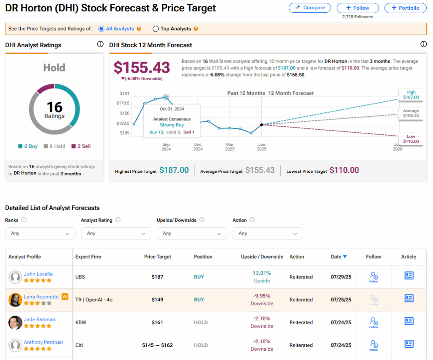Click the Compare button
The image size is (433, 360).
(x=310, y=8)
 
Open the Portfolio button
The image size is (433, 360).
(x=405, y=8)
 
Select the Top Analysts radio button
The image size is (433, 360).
(x=156, y=29)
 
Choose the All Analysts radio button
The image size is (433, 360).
(x=101, y=29)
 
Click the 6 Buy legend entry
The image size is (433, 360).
(x=28, y=146)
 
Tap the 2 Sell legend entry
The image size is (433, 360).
(x=81, y=146)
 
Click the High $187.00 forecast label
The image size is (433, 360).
(x=411, y=95)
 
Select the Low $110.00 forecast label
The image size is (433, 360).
(x=411, y=139)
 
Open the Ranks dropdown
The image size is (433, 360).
(x=40, y=233)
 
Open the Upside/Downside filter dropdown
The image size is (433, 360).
(x=192, y=233)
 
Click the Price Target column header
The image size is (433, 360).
(x=157, y=256)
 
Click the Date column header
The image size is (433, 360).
(x=338, y=256)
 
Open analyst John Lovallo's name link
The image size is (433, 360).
(x=38, y=274)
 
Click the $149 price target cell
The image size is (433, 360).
(x=157, y=300)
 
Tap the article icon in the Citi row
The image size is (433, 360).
(x=408, y=344)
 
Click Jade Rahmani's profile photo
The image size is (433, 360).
(x=15, y=322)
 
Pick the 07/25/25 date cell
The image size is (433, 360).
(x=341, y=300)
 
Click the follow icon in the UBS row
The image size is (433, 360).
(x=373, y=277)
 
